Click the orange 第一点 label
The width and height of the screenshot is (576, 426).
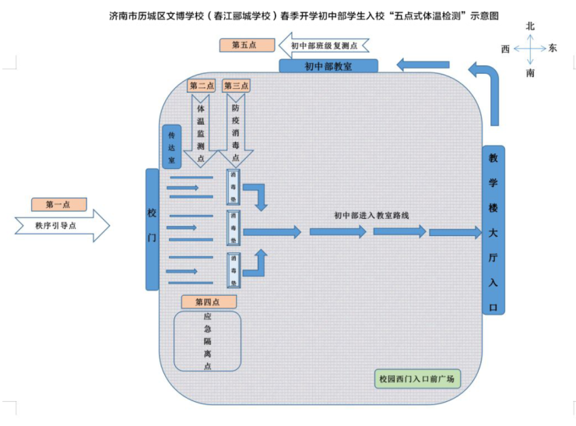point(58,205)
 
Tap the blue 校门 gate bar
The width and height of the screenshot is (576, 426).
point(152,229)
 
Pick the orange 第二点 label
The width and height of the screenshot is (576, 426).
point(202,86)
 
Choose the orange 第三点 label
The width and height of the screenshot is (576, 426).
point(236,86)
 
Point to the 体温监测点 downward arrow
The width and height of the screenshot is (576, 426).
point(201,128)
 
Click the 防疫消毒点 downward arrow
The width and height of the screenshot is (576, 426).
point(235,128)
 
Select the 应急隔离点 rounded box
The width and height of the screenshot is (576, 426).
point(207,341)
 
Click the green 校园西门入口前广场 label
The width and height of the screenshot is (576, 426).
point(416,380)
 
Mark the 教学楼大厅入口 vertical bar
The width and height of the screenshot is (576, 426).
point(493,230)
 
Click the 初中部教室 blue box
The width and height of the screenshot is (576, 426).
point(328,66)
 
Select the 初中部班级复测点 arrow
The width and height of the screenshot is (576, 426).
point(323,46)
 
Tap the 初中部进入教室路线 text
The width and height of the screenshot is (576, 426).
point(371,215)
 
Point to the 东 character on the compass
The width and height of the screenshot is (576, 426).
point(553,48)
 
